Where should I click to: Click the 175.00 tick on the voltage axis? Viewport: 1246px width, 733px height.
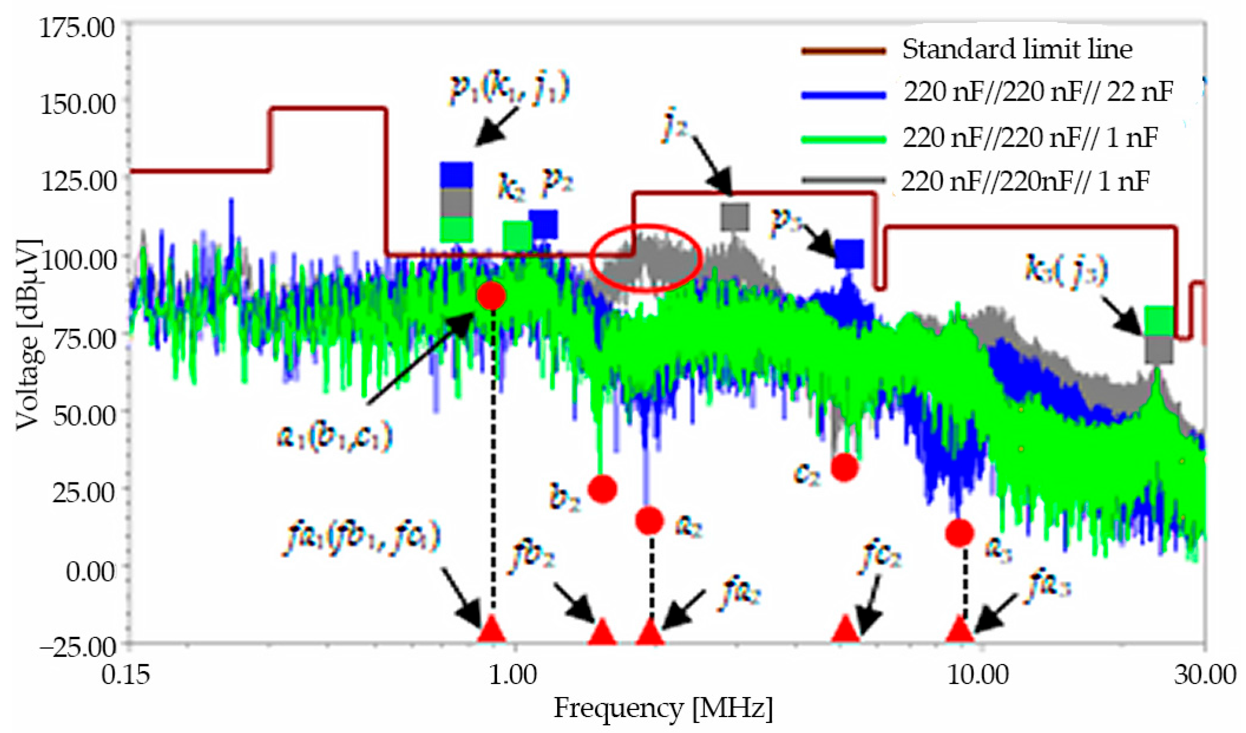[77, 27]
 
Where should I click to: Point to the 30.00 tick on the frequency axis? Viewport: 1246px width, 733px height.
[1204, 674]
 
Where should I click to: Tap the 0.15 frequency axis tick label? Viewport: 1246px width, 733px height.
[126, 674]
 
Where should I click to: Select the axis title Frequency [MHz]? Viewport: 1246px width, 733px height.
[663, 708]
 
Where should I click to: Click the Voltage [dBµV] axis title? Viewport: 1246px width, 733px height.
[28, 334]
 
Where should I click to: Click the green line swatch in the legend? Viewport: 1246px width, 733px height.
[843, 139]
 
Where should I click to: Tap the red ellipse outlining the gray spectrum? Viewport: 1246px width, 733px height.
[646, 258]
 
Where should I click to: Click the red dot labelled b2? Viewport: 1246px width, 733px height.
[603, 488]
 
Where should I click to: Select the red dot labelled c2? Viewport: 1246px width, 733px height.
[844, 467]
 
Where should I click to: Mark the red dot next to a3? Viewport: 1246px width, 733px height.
[959, 533]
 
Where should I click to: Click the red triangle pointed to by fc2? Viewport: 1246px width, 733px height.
[845, 630]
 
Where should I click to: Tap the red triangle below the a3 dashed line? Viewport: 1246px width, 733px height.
[960, 630]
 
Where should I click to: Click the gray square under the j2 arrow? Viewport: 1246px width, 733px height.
[735, 217]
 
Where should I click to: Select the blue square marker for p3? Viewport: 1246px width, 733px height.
[849, 254]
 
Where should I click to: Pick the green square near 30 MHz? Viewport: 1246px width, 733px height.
[1159, 321]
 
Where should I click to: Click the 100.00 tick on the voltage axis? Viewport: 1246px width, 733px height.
[77, 258]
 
